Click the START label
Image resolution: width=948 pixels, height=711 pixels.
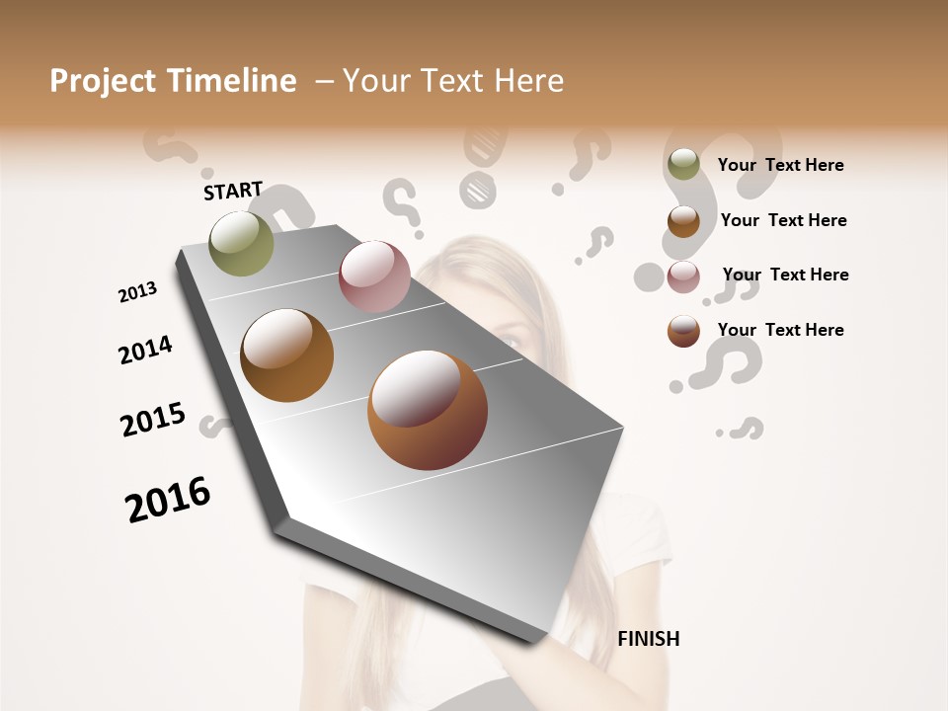(233, 191)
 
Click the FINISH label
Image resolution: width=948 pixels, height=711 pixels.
(648, 639)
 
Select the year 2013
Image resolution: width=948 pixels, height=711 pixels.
(137, 292)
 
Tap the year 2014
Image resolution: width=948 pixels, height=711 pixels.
(145, 350)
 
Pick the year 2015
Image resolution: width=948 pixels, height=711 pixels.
(153, 420)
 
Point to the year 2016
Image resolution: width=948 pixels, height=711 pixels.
(168, 500)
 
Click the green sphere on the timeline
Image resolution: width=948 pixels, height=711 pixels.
(241, 243)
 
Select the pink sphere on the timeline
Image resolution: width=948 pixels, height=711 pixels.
(374, 276)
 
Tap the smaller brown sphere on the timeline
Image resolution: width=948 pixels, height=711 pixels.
(286, 355)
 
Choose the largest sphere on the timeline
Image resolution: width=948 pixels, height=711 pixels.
(427, 410)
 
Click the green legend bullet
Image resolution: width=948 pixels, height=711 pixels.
(683, 165)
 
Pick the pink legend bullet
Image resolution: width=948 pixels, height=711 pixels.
(683, 276)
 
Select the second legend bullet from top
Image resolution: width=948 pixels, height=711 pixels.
(683, 221)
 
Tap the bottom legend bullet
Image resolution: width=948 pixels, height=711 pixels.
(683, 331)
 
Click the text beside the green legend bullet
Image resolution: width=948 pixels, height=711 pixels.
(780, 165)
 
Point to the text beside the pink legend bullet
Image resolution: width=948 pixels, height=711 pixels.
(785, 275)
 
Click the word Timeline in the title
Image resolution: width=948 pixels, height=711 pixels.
(233, 81)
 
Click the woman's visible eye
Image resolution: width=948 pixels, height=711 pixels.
(511, 340)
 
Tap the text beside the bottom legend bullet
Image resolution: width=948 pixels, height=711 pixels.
(780, 330)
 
